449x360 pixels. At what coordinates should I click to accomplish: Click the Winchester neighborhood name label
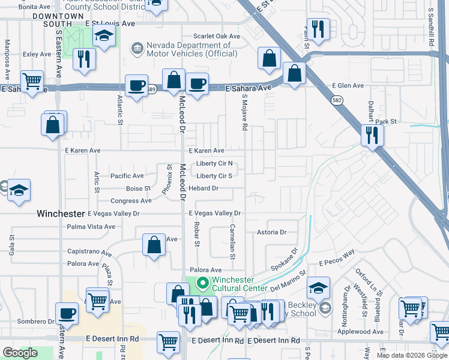[61, 213]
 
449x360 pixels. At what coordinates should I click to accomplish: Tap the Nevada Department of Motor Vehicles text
[188, 49]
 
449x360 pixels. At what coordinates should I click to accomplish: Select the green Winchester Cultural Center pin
[202, 281]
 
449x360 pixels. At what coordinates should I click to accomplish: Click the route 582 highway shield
[339, 101]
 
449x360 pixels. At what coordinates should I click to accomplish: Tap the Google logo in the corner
[20, 353]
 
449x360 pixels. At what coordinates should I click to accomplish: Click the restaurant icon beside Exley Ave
[83, 59]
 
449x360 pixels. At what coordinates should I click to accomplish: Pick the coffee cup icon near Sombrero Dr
[67, 313]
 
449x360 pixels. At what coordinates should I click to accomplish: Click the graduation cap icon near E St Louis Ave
[104, 36]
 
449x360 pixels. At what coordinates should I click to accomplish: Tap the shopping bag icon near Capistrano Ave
[154, 244]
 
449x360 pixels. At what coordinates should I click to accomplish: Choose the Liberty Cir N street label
[214, 164]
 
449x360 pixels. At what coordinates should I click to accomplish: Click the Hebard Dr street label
[203, 188]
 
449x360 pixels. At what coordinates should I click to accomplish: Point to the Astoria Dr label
[273, 232]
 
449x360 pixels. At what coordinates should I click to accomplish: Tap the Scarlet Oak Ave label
[216, 36]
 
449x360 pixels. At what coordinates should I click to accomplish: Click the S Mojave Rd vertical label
[244, 113]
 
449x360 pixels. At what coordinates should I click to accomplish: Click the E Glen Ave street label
[348, 86]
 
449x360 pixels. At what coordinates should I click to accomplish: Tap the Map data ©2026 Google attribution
[412, 355]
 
